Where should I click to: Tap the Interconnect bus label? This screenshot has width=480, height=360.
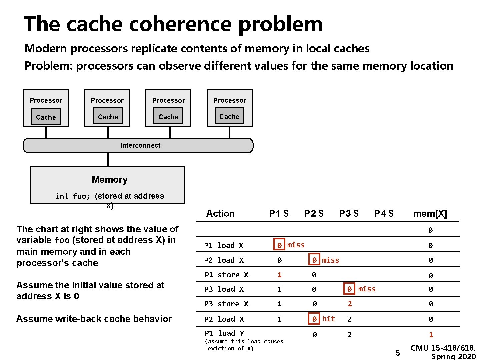coord(140,145)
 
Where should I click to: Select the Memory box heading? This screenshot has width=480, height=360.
coord(110,180)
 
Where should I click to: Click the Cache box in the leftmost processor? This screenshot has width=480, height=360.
coord(46,117)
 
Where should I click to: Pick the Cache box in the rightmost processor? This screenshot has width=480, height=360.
coord(229,116)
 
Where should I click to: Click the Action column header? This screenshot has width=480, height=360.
coord(220,213)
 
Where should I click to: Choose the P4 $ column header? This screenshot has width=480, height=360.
coord(384,213)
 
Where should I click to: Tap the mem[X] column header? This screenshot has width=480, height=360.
coord(430,213)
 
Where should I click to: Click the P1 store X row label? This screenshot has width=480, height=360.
coord(226,275)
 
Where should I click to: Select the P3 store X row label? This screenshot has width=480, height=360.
coord(226,304)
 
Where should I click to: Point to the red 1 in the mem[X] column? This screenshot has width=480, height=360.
coord(431,335)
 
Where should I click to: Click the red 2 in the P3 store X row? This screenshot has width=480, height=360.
coord(349,304)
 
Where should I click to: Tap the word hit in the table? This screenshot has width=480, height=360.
coord(328,319)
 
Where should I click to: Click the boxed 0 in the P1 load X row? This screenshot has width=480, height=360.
coord(279,245)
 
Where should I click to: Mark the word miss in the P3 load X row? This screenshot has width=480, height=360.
coord(367,289)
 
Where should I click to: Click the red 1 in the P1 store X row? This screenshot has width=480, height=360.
coord(279,275)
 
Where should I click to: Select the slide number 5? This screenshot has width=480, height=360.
coord(398,353)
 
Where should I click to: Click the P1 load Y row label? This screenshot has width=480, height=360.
coord(224,333)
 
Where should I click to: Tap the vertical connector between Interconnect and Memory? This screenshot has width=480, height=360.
coord(108,159)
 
